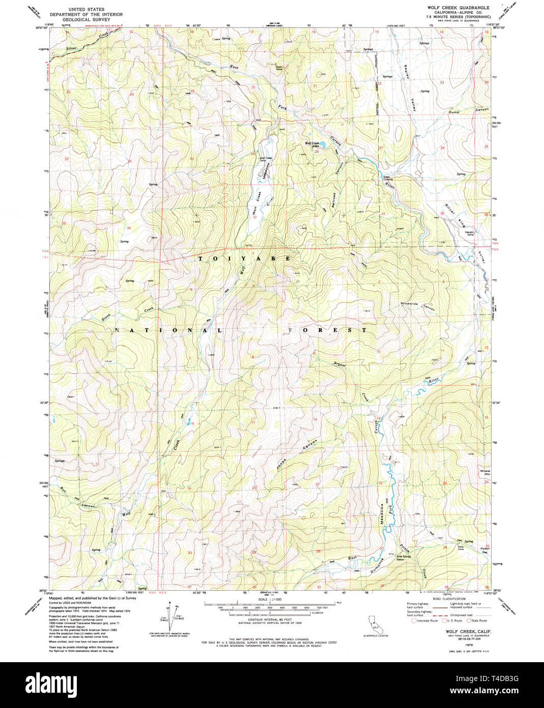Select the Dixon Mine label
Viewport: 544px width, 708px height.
(x=279, y=68)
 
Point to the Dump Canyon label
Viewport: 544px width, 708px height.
(x=468, y=111)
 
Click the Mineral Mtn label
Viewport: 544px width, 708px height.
(x=484, y=472)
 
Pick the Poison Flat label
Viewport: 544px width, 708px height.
(x=484, y=550)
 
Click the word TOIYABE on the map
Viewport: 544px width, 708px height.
(x=244, y=259)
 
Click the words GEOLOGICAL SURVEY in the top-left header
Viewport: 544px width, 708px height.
(x=86, y=19)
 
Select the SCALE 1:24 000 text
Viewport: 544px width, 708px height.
(x=269, y=600)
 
